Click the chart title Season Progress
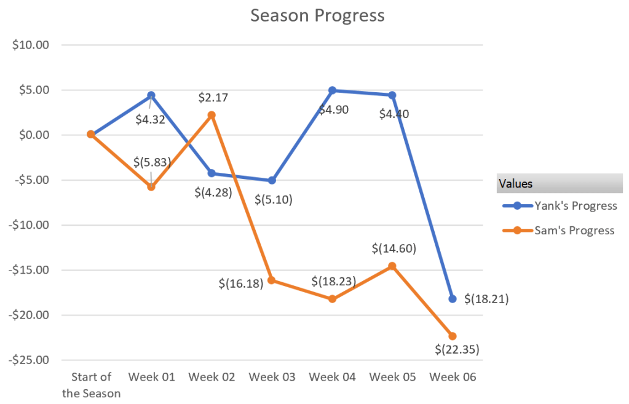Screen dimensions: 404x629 317,15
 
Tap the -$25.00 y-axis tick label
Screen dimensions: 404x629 29,360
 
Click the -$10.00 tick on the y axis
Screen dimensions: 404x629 29,225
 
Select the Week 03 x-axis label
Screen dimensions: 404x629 272,376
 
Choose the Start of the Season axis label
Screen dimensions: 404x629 91,384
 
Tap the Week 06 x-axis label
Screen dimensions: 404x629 453,376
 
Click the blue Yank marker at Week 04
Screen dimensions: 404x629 332,90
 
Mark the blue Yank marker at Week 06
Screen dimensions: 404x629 453,299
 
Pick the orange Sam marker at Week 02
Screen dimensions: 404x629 212,115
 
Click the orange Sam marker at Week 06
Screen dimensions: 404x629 453,336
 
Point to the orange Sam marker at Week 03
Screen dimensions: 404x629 272,280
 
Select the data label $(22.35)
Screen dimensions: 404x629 457,349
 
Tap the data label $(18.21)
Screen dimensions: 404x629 486,299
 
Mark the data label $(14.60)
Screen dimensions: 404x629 394,249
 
